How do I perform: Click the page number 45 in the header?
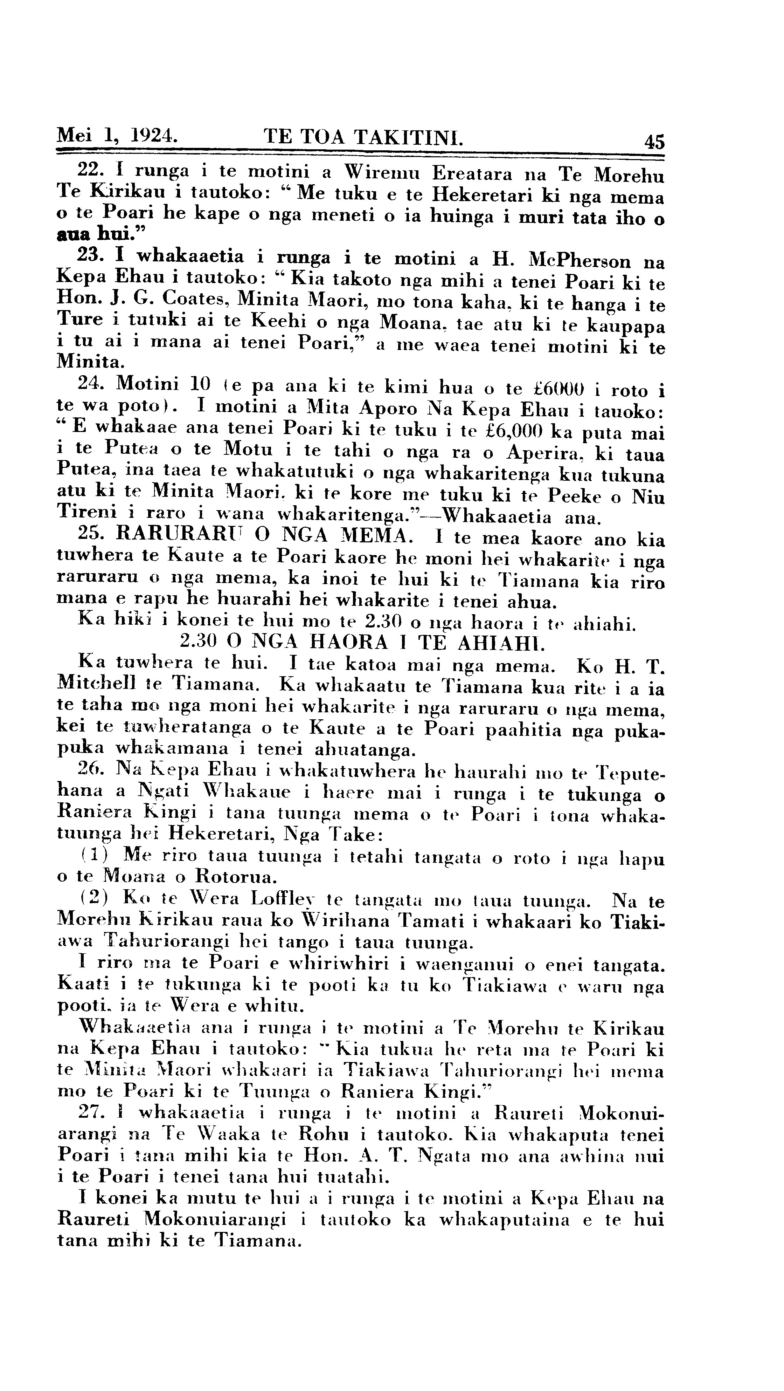point(654,142)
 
